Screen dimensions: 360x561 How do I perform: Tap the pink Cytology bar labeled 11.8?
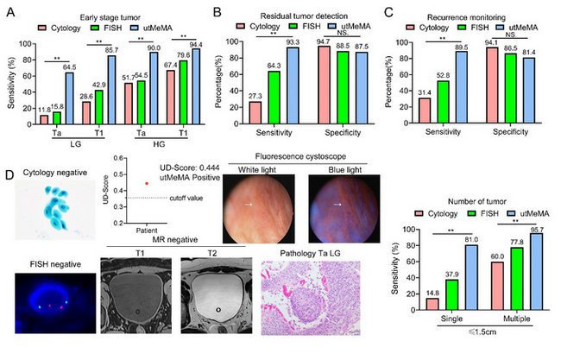(x=43, y=119)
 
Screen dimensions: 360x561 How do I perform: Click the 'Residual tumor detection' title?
(x=300, y=16)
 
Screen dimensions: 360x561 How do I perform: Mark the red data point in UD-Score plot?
(x=147, y=183)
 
